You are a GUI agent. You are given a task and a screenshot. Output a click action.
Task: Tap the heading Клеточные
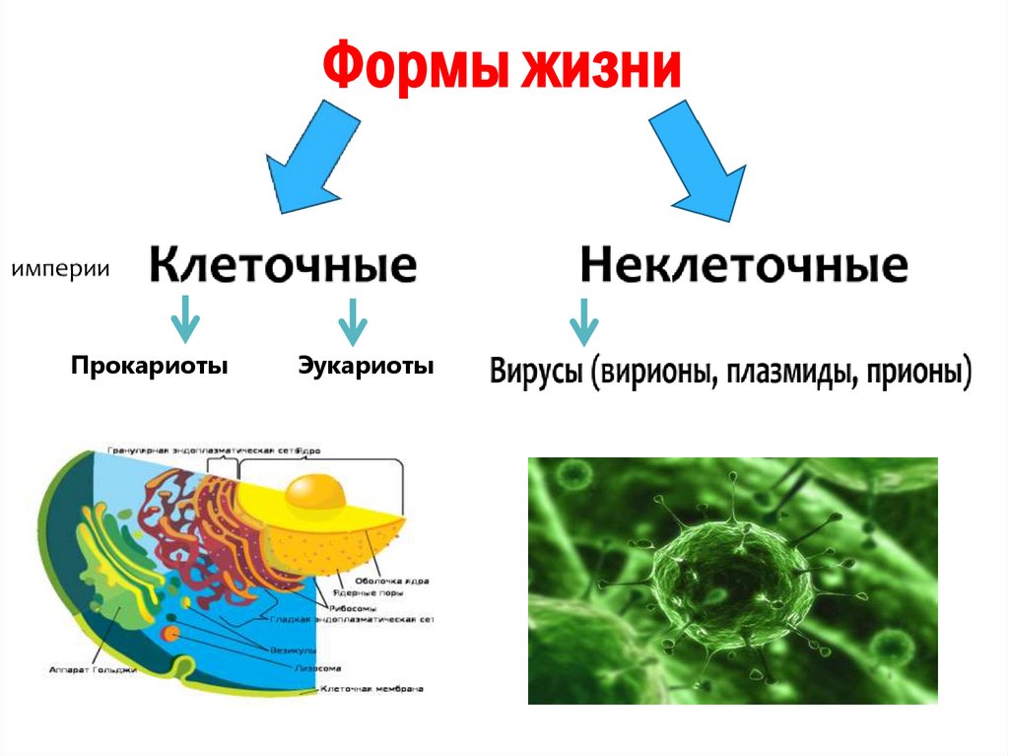pos(283,266)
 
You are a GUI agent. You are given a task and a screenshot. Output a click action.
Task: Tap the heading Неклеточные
pos(743,266)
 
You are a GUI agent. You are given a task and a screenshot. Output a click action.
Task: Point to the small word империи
pos(60,268)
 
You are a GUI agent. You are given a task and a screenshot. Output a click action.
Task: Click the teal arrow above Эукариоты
pos(352,320)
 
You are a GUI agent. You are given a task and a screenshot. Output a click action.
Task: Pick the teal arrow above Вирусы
pos(583,320)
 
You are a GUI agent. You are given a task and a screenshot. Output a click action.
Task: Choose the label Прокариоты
pos(149,367)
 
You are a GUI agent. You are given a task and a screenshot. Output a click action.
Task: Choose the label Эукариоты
pos(366,367)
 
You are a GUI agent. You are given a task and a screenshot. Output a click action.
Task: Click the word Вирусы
pos(535,373)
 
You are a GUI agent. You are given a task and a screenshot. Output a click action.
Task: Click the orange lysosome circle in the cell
pos(171,632)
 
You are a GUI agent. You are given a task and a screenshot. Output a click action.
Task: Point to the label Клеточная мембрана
pos(371,690)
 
